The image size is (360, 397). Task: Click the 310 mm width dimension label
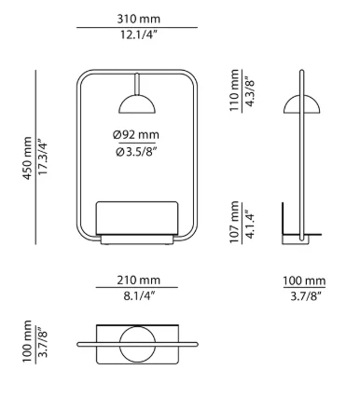139,19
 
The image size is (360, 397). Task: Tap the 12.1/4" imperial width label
137,34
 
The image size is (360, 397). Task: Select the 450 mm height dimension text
27,157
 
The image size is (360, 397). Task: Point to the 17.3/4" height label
42,157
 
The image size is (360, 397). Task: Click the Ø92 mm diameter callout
136,135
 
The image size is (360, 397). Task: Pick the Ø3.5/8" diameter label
136,152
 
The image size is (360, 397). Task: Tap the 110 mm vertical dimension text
234,90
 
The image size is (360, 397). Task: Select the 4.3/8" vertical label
250,90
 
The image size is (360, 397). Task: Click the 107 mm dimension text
234,223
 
